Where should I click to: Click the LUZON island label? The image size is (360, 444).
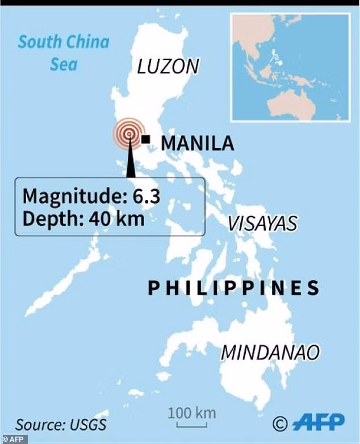pyautogui.click(x=168, y=66)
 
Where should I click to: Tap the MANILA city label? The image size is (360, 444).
pyautogui.click(x=197, y=143)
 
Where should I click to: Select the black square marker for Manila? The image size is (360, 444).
pyautogui.click(x=146, y=139)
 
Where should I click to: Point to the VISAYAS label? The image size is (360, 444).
pyautogui.click(x=262, y=223)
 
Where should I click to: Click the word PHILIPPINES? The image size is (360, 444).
pyautogui.click(x=233, y=288)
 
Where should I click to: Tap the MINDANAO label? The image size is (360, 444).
pyautogui.click(x=270, y=352)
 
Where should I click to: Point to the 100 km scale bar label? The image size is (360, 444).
pyautogui.click(x=191, y=413)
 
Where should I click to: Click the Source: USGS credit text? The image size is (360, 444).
pyautogui.click(x=61, y=424)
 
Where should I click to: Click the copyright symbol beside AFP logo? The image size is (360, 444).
pyautogui.click(x=280, y=423)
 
